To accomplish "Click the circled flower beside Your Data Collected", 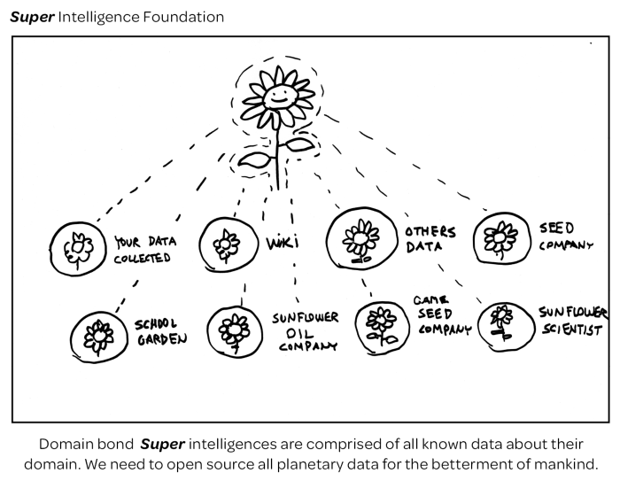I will point(79,245).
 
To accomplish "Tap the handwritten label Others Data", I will point(430,239).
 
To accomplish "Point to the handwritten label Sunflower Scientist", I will point(572,322).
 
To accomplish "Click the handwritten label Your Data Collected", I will point(143,250).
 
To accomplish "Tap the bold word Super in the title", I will point(31,17).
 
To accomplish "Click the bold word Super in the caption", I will point(162,443).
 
